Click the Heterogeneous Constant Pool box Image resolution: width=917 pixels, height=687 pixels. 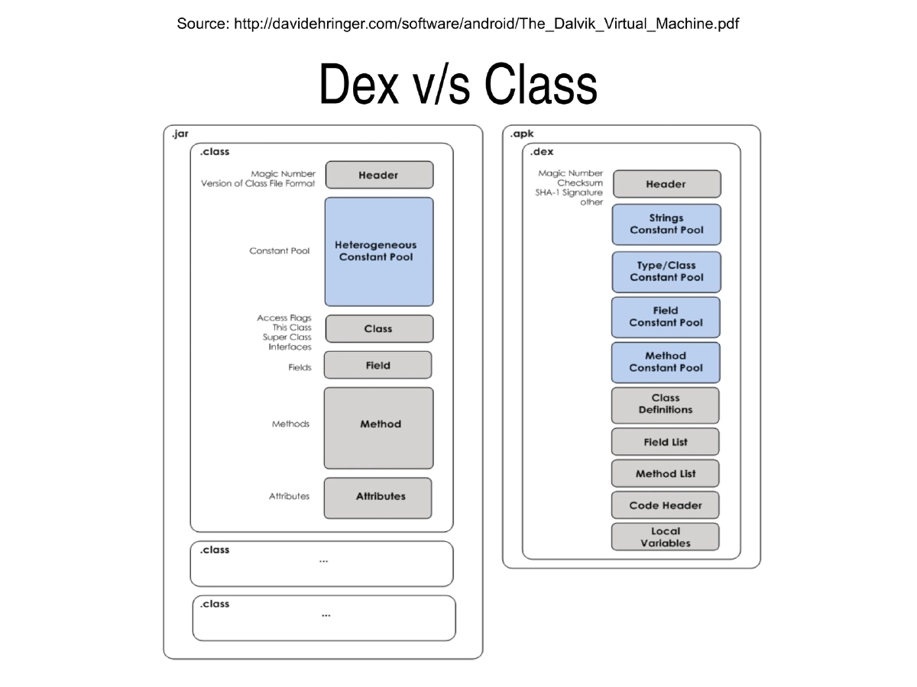[x=379, y=252]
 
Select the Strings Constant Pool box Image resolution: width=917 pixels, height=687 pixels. [x=666, y=224]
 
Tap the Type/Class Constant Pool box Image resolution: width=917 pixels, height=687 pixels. [x=666, y=272]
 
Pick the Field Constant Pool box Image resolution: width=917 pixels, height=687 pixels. [x=666, y=317]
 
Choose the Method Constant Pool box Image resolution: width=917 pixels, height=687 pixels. [x=666, y=362]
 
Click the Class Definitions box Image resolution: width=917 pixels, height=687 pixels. [x=666, y=405]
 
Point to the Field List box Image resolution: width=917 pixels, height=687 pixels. [x=666, y=442]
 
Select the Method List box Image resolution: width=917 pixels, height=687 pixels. [x=666, y=473]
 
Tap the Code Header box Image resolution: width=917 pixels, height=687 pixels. [x=666, y=505]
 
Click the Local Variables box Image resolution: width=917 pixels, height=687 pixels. [x=666, y=537]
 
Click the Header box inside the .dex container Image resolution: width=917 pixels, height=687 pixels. [x=666, y=184]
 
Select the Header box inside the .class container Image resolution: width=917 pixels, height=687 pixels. [x=379, y=175]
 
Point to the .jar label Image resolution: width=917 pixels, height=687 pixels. [x=180, y=134]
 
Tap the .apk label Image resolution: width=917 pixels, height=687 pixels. [x=522, y=134]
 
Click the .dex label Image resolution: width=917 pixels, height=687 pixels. [x=542, y=152]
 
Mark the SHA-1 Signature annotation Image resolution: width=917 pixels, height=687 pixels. [x=569, y=192]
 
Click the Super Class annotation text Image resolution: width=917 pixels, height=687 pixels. [x=287, y=337]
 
